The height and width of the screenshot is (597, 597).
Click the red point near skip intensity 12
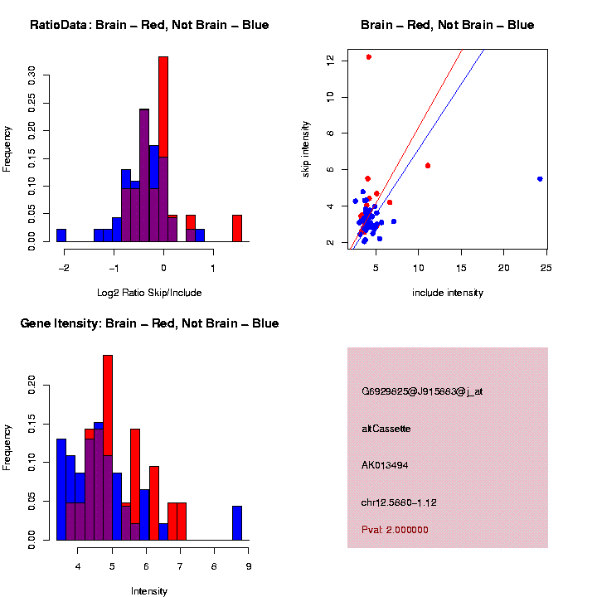[x=368, y=57]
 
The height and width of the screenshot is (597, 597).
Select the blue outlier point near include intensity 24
[x=540, y=179]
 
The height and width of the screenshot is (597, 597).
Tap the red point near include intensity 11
[x=428, y=166]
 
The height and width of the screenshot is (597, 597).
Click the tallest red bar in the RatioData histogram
[x=163, y=107]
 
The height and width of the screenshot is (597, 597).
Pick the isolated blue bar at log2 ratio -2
[x=61, y=235]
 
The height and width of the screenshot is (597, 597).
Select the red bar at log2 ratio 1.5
[x=237, y=229]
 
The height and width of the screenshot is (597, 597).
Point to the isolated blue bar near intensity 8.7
[x=237, y=523]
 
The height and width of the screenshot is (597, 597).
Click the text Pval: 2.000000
[x=395, y=530]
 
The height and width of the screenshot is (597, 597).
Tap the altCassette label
[x=386, y=429]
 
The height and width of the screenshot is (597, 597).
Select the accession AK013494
[x=385, y=465]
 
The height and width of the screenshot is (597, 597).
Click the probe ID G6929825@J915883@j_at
[x=422, y=391]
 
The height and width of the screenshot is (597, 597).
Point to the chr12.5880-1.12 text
[x=399, y=502]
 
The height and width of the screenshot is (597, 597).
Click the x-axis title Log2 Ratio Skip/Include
[x=149, y=293]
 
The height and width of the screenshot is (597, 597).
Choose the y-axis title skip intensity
[x=305, y=149]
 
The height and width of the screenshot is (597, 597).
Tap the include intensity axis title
[x=448, y=293]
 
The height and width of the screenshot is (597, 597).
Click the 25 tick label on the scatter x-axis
[x=546, y=268]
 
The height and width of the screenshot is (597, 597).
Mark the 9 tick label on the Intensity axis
[x=249, y=566]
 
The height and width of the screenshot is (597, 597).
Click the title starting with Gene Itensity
[x=149, y=323]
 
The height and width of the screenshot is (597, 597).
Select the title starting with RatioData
[x=149, y=25]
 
